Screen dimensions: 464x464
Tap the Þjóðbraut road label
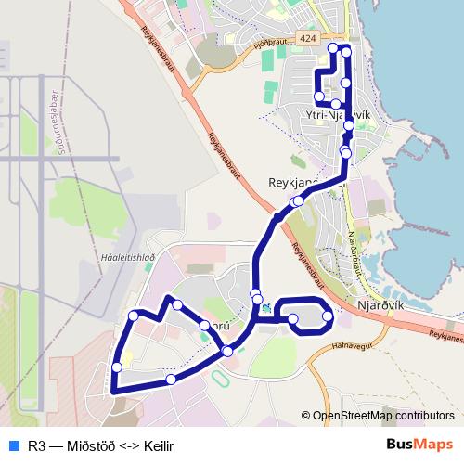[x=270, y=43]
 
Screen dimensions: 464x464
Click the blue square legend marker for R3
[x=13, y=445]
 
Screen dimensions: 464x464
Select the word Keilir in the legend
[x=155, y=445]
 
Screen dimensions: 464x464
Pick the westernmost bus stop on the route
[x=117, y=367]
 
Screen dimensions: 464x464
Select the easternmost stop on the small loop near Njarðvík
[x=327, y=318]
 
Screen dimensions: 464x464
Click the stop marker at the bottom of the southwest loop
[x=171, y=380]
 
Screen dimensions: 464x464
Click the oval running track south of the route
[x=219, y=380]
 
